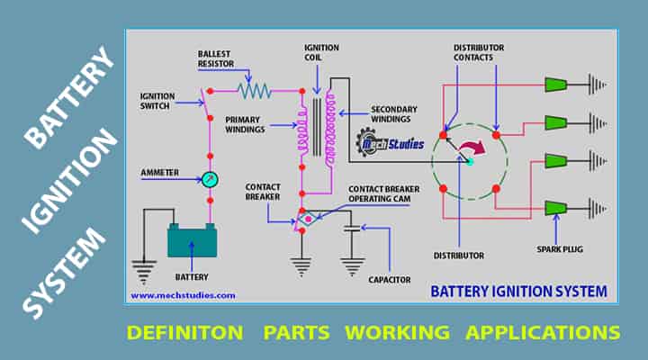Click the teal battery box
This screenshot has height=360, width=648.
192,241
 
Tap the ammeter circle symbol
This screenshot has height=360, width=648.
210,179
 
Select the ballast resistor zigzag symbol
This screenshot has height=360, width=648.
255,90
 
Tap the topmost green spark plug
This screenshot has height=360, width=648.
555,85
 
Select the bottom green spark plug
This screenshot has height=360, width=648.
555,208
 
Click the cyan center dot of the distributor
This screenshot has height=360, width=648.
469,161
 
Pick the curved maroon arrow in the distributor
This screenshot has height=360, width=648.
468,148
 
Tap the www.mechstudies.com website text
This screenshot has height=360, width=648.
183,294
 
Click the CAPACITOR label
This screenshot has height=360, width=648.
388,280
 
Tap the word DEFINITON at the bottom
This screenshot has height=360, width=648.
184,332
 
